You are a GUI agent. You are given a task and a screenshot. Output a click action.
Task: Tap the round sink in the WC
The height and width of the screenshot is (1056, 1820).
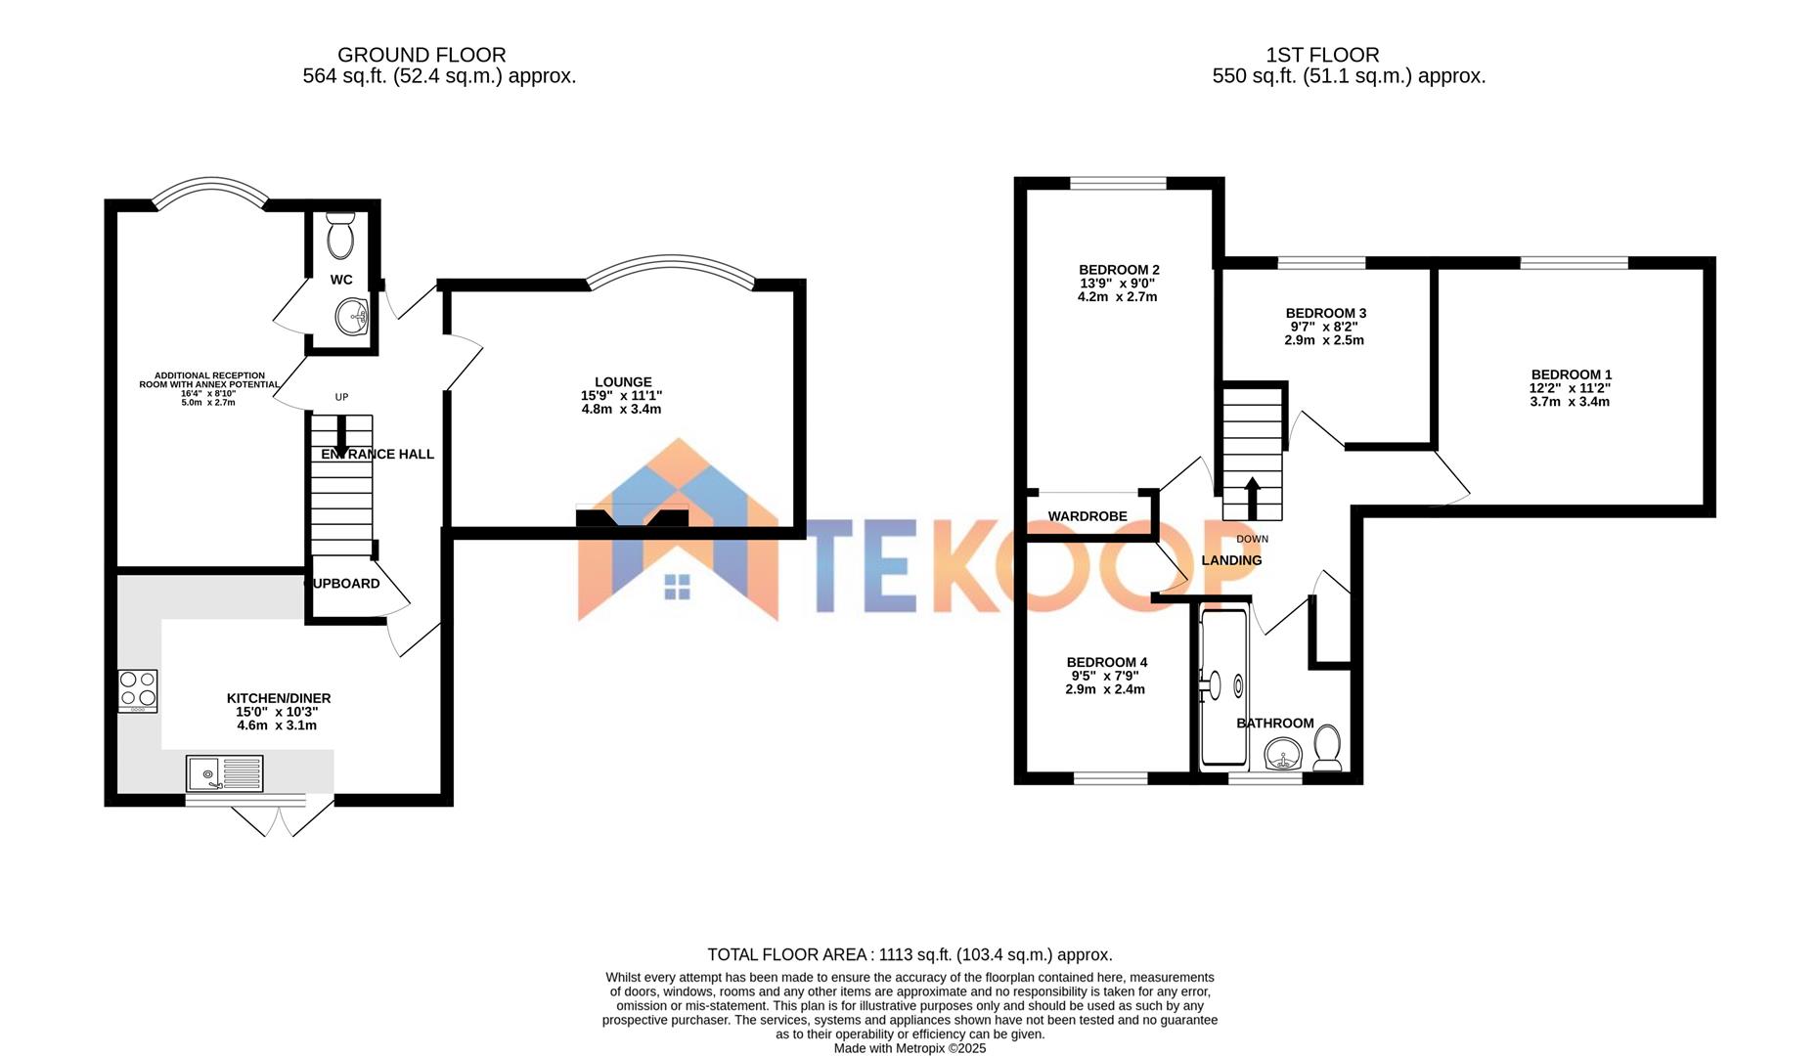352,316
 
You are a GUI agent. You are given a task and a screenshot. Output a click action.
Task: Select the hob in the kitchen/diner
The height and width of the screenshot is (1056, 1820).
138,690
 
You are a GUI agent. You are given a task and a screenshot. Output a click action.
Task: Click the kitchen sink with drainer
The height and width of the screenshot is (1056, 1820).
224,773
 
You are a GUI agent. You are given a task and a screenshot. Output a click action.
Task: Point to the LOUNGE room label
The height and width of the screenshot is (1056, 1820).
623,382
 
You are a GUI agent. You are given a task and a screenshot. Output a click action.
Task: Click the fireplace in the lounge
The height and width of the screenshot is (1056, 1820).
632,518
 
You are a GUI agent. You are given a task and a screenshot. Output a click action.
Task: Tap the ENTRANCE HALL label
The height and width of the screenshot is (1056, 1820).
377,454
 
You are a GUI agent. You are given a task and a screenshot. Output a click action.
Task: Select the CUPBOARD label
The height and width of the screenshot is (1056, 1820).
344,584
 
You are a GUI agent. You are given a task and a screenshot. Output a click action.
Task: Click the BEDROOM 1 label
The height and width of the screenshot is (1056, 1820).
1571,374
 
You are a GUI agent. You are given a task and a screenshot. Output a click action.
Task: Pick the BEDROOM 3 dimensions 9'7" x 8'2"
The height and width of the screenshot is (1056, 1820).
1325,327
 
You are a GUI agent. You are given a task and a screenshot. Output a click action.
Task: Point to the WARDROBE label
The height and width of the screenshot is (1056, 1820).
1088,516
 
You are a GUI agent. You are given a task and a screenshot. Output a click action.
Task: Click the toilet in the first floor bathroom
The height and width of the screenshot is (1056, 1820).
1327,748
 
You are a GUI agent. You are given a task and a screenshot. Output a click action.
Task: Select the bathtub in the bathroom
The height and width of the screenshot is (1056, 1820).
1222,686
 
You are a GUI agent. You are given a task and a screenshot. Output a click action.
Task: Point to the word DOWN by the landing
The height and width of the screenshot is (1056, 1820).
1252,539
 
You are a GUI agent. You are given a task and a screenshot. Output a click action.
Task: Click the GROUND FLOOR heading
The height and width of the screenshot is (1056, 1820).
422,55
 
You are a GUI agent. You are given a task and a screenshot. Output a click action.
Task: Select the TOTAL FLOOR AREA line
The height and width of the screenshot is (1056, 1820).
910,954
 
